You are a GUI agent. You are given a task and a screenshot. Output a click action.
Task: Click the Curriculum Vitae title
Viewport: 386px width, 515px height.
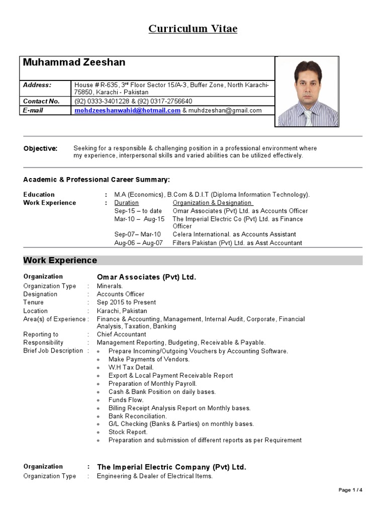193,29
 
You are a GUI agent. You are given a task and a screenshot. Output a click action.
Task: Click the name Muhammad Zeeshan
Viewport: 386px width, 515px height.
74,62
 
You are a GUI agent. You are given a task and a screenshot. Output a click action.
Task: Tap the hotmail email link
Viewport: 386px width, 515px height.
127,111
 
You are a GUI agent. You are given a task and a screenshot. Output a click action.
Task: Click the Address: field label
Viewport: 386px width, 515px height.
37,85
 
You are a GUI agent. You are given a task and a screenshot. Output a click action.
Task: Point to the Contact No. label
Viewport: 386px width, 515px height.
41,101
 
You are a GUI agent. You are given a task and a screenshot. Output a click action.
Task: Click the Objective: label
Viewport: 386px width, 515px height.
40,148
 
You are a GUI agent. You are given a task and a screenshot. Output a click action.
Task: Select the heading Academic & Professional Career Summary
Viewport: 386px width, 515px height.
96,180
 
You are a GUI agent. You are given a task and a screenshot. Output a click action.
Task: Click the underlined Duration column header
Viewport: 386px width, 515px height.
126,203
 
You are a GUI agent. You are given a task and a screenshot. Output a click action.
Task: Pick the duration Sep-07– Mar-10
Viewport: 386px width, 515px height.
137,234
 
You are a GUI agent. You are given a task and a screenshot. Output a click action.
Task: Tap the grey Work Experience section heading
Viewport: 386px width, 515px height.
60,261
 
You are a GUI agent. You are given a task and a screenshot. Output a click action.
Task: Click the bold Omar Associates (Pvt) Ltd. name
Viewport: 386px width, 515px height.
146,277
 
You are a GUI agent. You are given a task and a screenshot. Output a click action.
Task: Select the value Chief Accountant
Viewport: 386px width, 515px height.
122,334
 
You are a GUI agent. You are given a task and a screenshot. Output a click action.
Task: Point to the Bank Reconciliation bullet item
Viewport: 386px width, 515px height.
137,416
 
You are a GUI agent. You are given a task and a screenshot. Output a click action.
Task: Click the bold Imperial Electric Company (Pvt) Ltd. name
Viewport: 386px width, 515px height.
171,467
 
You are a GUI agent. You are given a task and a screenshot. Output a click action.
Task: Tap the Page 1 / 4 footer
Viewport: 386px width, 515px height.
350,490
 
